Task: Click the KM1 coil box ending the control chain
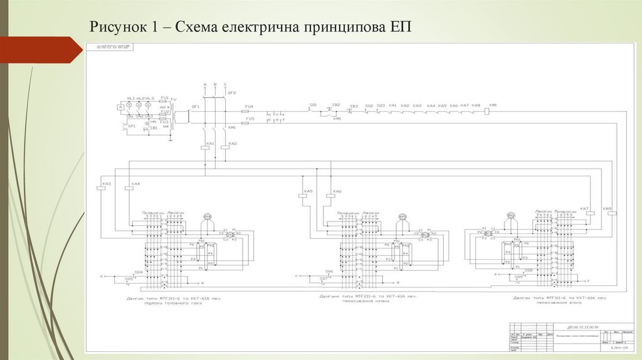tap(493, 111)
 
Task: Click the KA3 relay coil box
tap(101, 188)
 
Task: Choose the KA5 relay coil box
tap(303, 195)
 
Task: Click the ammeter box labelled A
tap(119, 108)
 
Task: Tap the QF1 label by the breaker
tap(196, 107)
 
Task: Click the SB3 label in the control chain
tap(354, 106)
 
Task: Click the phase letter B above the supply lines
tap(215, 84)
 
